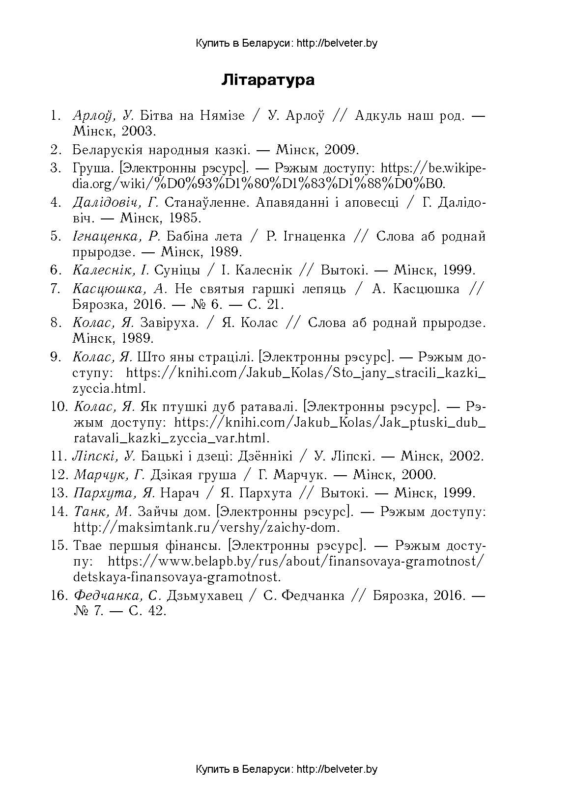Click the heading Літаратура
click(268, 80)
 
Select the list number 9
click(55, 357)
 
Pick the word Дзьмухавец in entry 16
click(205, 596)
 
